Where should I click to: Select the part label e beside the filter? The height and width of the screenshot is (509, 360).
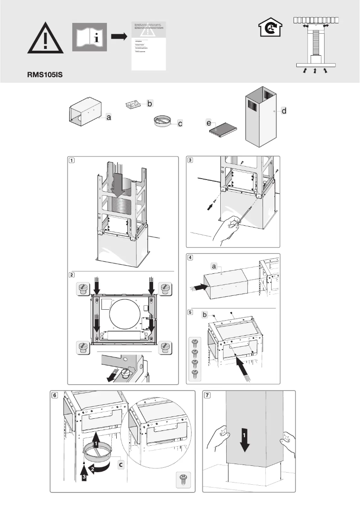(209, 123)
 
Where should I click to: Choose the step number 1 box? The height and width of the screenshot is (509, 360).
(71, 160)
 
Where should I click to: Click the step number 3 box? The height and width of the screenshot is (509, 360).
(190, 160)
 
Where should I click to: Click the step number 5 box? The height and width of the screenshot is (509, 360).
(190, 312)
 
